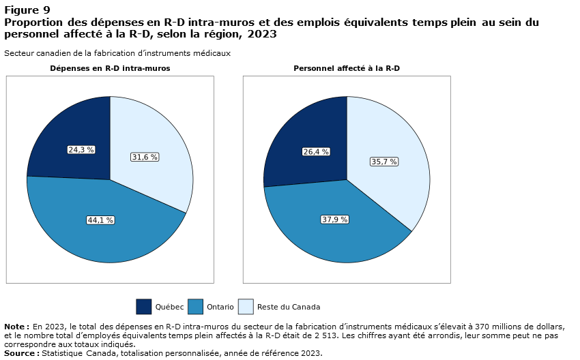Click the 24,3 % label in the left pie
click(x=81, y=149)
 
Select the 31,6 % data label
click(x=145, y=157)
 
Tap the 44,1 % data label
click(x=100, y=220)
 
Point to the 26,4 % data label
click(x=317, y=151)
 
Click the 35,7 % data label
click(x=384, y=162)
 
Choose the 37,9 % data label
click(x=335, y=219)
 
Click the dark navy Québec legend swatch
click(x=144, y=307)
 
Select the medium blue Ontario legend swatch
click(x=195, y=307)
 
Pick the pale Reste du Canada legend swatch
click(x=246, y=307)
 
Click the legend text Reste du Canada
click(x=289, y=307)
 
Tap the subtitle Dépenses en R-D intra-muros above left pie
click(x=110, y=69)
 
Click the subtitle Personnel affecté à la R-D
click(x=347, y=69)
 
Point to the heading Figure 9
click(x=27, y=10)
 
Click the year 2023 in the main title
click(x=263, y=33)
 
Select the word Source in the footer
click(x=20, y=353)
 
